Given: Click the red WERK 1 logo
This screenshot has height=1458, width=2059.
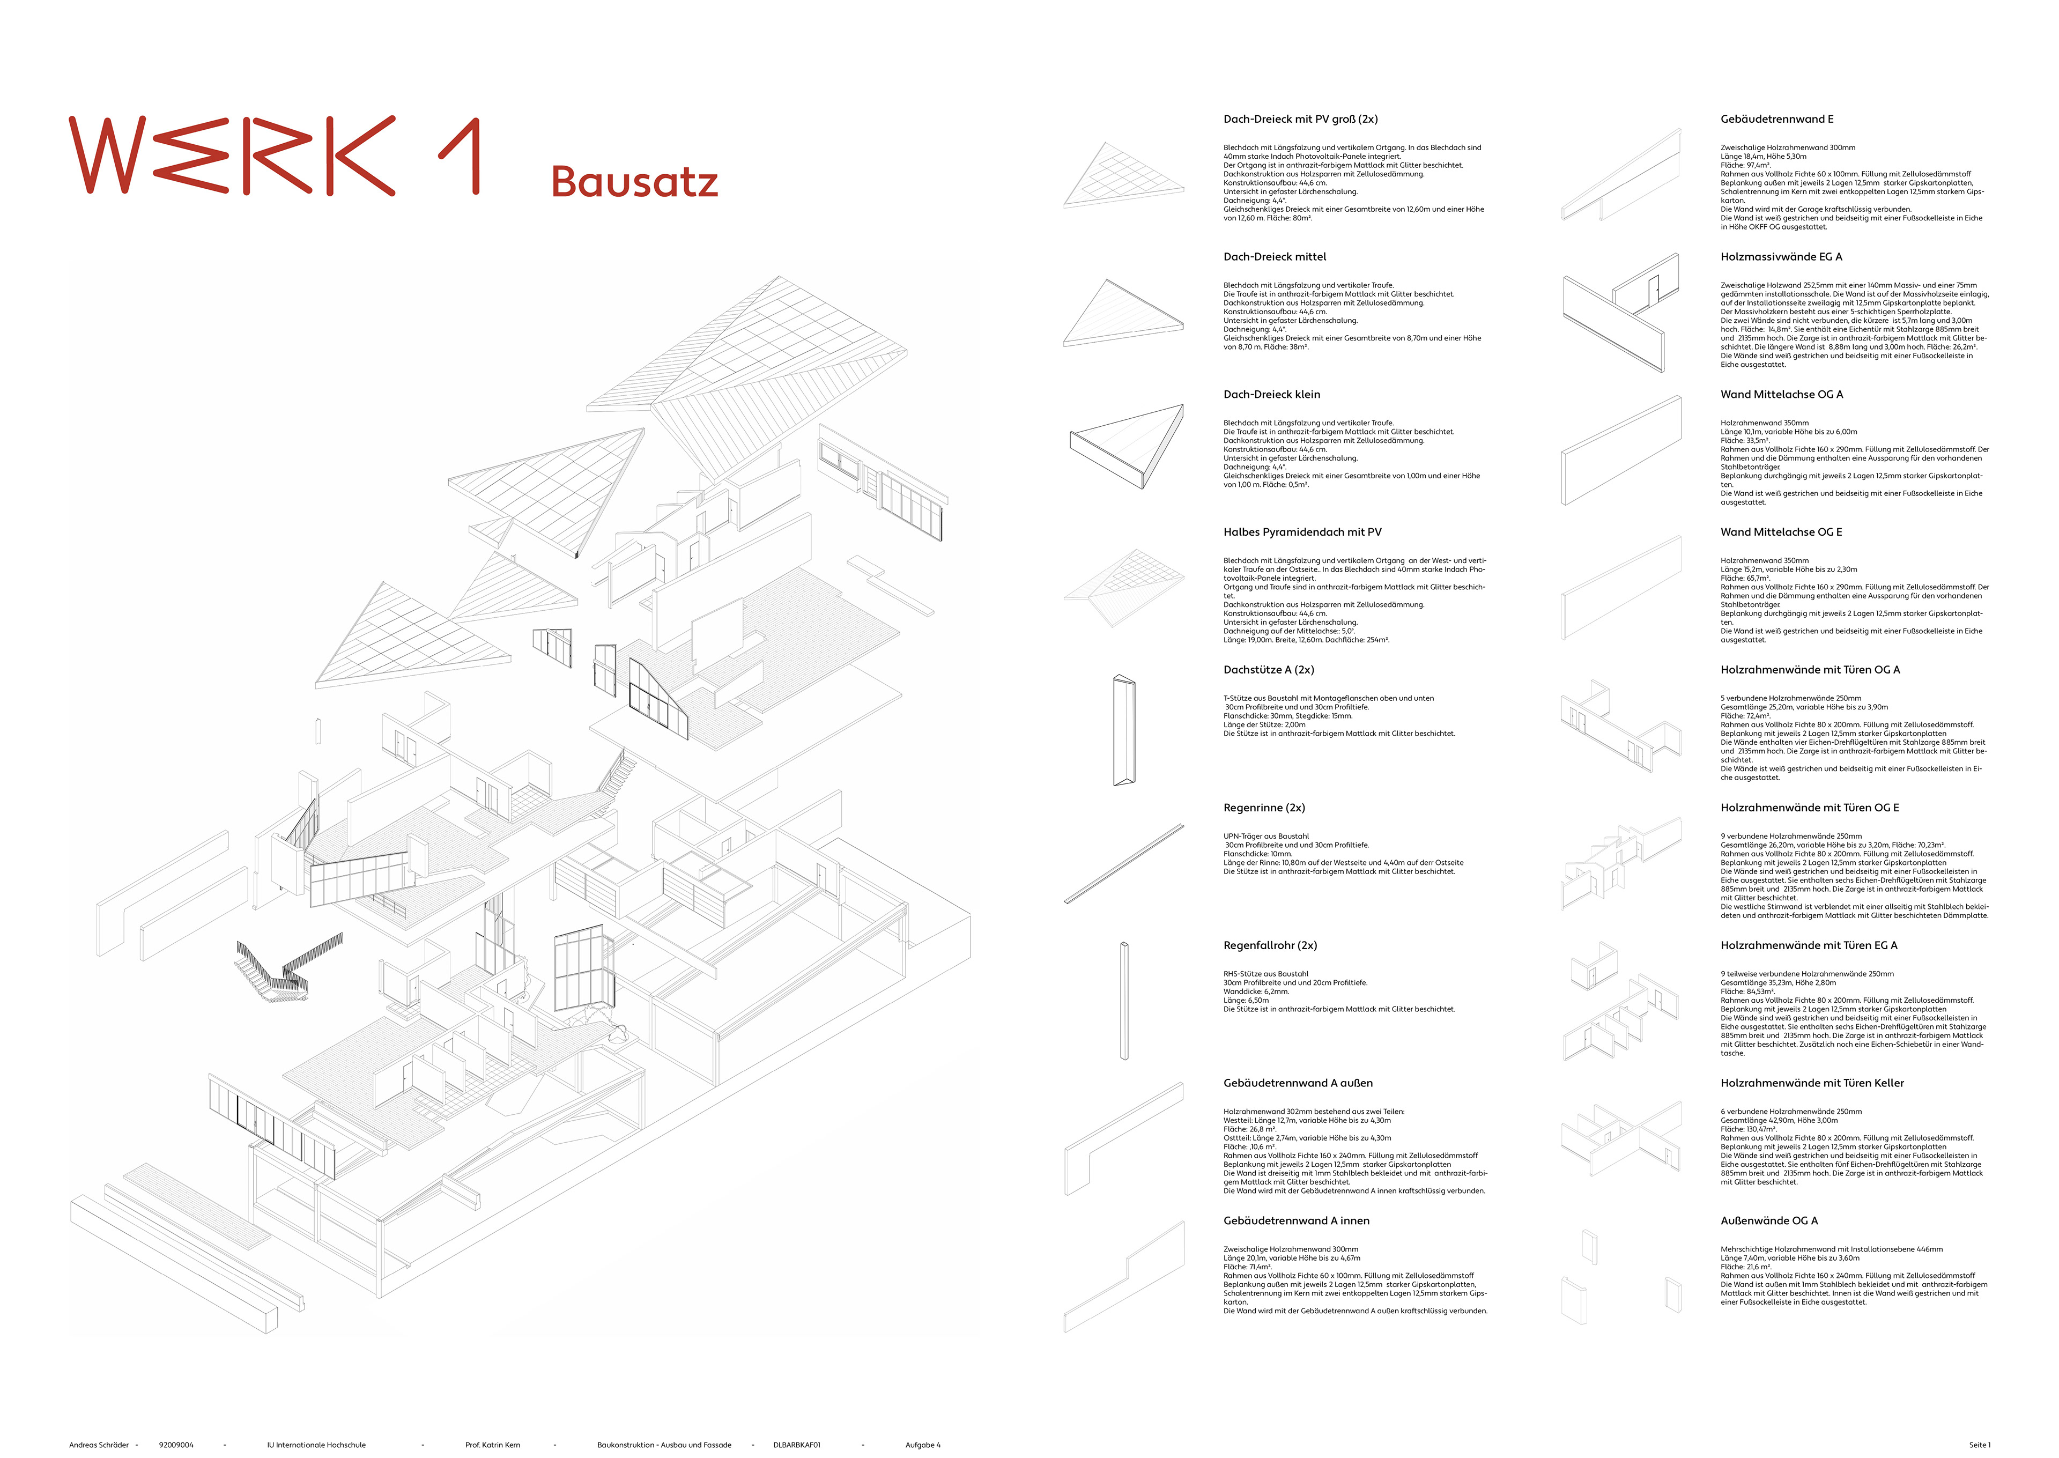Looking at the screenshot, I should (x=274, y=156).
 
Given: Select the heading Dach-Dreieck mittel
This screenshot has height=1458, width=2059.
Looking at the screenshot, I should (x=1275, y=257).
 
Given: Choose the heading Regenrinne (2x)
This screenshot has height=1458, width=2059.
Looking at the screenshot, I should (x=1264, y=808).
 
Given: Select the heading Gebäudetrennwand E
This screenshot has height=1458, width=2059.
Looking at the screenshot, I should (x=1776, y=120).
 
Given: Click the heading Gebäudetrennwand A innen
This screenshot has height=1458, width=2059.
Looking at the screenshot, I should (x=1296, y=1221).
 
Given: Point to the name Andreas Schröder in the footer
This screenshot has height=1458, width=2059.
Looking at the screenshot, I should (x=99, y=1445).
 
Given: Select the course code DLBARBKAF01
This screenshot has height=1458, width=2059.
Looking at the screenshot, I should (x=796, y=1445).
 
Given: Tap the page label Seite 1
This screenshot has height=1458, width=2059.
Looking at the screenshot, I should (x=1979, y=1445).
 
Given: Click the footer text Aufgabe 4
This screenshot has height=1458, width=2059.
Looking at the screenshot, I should (x=923, y=1445).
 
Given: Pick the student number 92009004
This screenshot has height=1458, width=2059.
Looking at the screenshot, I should (x=176, y=1445).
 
